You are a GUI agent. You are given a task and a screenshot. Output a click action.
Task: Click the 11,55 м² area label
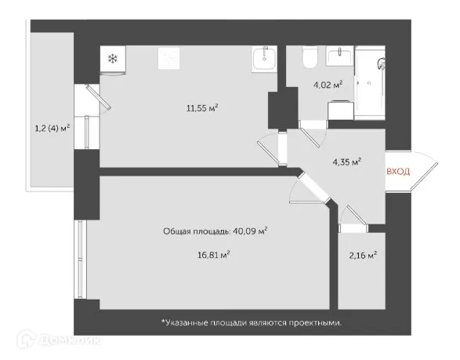pyautogui.click(x=201, y=108)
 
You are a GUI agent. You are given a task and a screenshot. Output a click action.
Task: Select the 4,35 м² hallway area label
pyautogui.click(x=346, y=162)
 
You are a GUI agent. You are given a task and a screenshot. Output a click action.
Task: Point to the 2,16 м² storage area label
pyautogui.click(x=362, y=255)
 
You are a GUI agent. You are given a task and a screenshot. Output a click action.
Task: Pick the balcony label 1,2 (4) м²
pyautogui.click(x=51, y=125)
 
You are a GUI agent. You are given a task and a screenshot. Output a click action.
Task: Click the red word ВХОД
pyautogui.click(x=399, y=171)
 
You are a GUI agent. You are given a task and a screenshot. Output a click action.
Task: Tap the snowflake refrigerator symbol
pyautogui.click(x=112, y=59)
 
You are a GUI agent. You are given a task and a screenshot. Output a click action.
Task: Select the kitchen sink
pyautogui.click(x=264, y=58)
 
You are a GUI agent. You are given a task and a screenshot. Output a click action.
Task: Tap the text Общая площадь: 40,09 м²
pyautogui.click(x=216, y=231)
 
